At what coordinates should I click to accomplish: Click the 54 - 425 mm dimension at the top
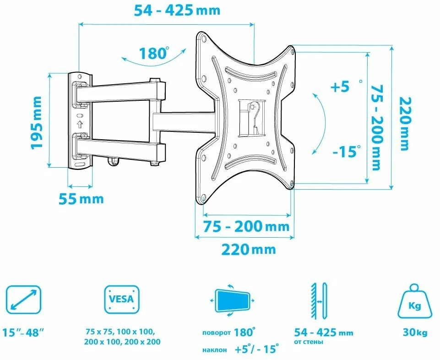point(177,11)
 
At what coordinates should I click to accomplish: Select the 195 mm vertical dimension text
point(37,122)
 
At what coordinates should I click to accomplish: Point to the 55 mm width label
point(81,199)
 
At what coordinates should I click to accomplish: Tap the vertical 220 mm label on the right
point(405,124)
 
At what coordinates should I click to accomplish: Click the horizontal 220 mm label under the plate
point(249,249)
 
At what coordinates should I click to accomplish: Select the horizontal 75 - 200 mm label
point(246,226)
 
